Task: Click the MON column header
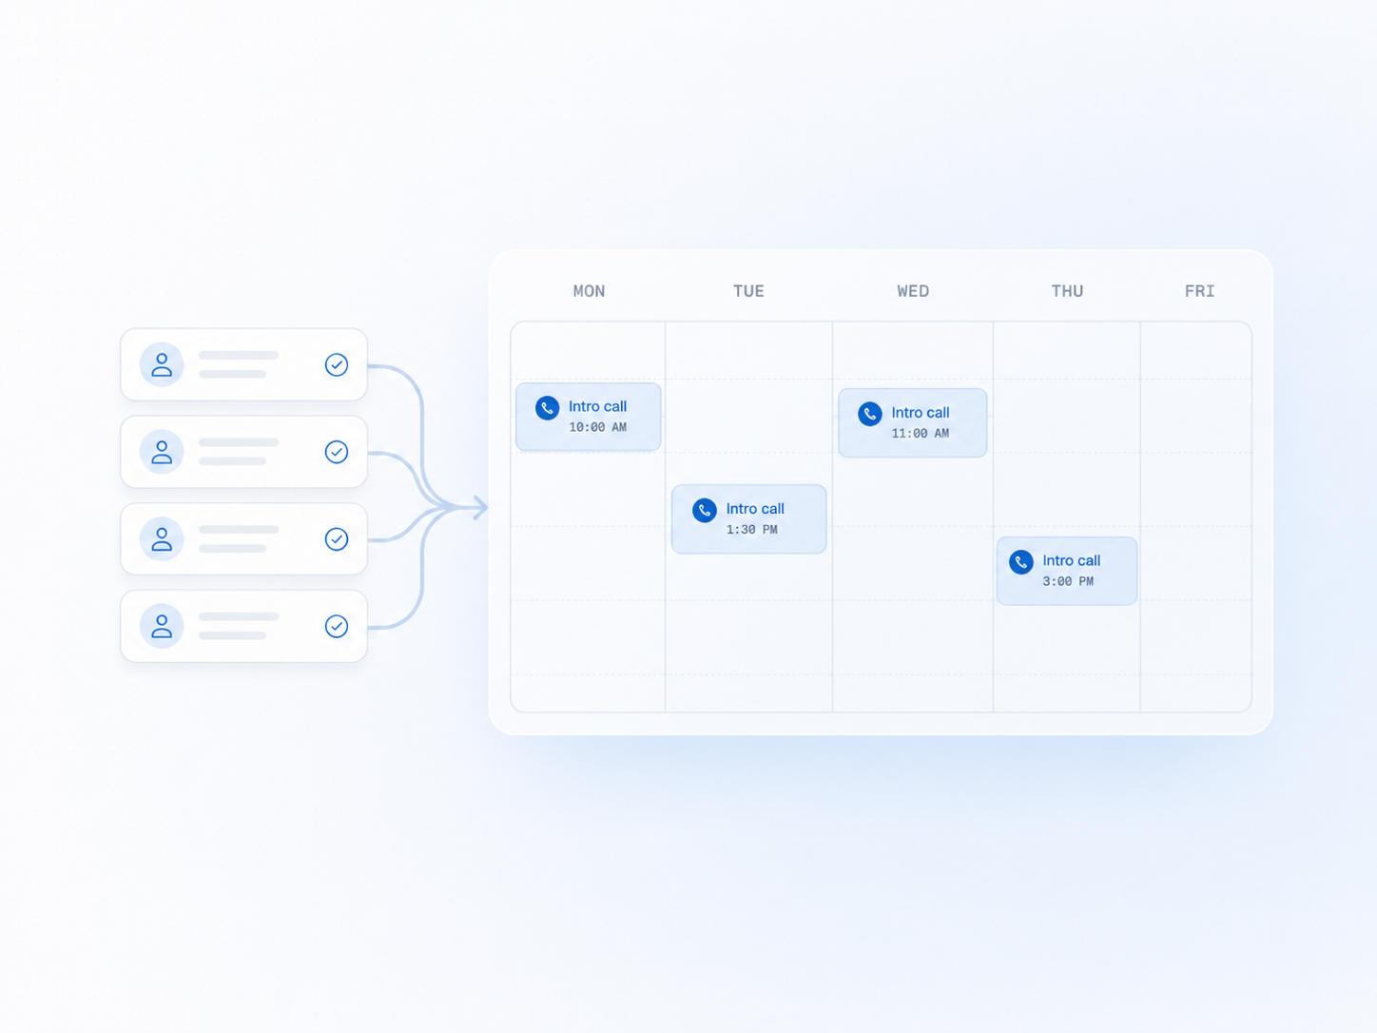pos(589,291)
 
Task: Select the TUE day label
pos(748,291)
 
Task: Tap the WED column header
pos(913,291)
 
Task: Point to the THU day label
pos(1067,291)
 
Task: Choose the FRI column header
pos(1199,291)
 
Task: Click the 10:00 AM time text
pos(597,427)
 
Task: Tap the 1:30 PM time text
pos(751,530)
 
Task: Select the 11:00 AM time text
pos(921,434)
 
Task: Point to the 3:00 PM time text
pos(1068,581)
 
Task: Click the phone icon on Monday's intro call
pos(547,408)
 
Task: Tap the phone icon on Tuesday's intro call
pos(705,510)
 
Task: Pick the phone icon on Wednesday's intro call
pos(870,414)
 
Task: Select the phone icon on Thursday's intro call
pos(1021,562)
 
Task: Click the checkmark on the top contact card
pos(337,364)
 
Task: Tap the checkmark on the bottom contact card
pos(337,626)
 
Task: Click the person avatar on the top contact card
pos(162,364)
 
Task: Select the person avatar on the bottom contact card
pos(162,626)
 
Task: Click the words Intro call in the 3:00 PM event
pos(1071,560)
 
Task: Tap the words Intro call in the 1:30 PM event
pos(755,509)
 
